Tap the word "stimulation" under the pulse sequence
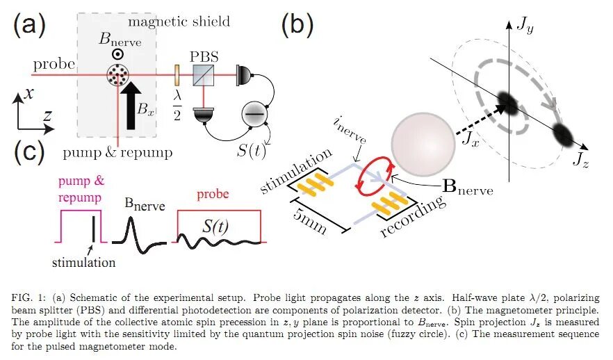tap(84, 263)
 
